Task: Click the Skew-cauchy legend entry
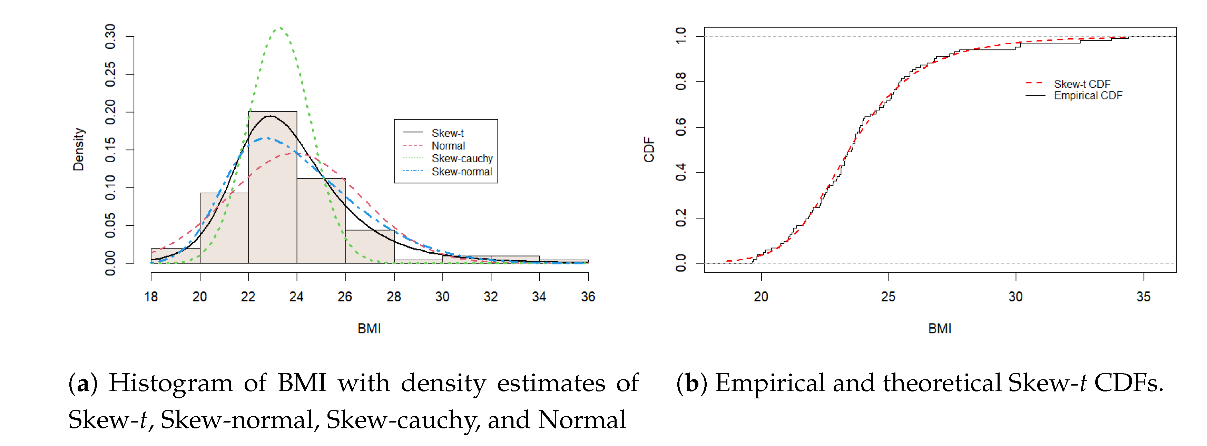click(x=462, y=158)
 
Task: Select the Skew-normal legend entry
click(x=462, y=172)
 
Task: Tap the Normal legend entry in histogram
click(x=448, y=146)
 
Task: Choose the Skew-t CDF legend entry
click(x=1082, y=84)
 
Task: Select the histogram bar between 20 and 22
click(x=224, y=230)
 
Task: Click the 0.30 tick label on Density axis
click(x=110, y=36)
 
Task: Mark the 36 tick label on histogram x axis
click(x=588, y=297)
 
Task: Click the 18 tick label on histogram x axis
click(x=151, y=297)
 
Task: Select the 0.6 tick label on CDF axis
click(x=681, y=127)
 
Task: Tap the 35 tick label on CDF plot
click(x=1143, y=297)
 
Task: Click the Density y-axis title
click(x=79, y=149)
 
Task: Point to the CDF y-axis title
click(x=649, y=149)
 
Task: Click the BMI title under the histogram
click(x=369, y=328)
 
